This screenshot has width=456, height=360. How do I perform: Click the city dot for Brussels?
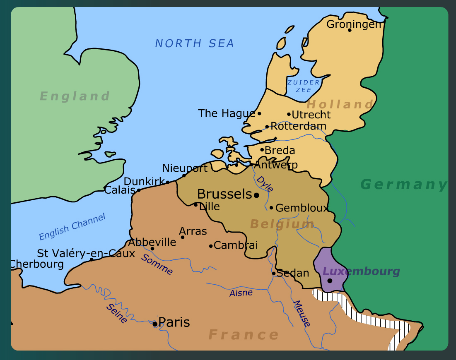tap(256, 195)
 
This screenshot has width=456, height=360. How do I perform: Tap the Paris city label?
tap(174, 322)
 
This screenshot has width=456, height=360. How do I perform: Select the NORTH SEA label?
tap(195, 43)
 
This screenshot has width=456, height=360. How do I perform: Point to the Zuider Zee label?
tap(304, 86)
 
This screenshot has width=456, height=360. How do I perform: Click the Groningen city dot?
tap(350, 30)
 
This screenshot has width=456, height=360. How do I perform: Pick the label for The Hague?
tap(226, 113)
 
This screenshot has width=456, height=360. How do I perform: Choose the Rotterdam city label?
tap(298, 126)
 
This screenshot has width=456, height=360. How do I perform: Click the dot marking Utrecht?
tap(289, 114)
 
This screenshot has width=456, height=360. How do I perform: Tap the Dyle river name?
tap(265, 184)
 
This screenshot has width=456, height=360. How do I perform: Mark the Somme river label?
tap(157, 264)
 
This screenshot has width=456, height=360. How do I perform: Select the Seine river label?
tap(116, 313)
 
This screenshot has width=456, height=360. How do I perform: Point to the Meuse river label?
tap(302, 313)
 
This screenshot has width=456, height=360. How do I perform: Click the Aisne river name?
tap(241, 293)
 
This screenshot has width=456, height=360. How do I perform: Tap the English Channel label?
tap(72, 226)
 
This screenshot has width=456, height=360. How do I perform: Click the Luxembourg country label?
tap(361, 271)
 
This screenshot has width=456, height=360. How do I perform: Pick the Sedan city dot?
tap(273, 273)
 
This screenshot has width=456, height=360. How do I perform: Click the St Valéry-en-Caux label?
tap(86, 253)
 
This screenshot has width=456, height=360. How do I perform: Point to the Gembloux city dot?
tap(271, 208)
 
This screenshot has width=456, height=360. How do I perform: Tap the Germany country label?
tap(404, 184)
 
